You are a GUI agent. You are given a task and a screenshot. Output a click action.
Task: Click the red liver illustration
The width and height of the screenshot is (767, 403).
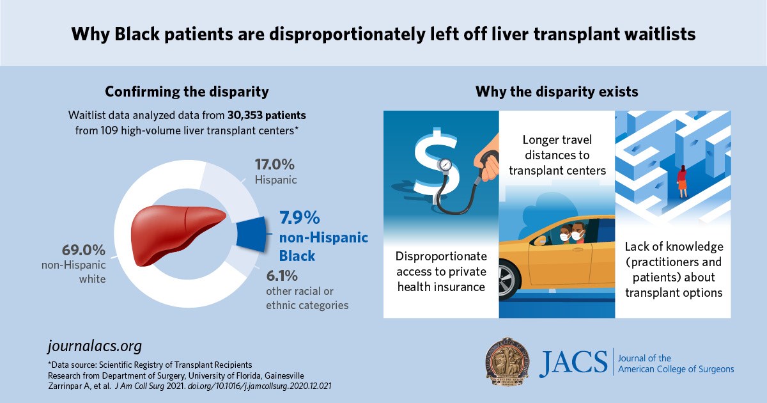point(176,234)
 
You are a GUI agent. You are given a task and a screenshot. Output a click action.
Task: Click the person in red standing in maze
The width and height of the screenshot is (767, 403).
point(682,180)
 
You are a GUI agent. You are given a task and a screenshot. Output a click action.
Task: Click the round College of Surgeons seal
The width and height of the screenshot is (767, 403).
point(506,361)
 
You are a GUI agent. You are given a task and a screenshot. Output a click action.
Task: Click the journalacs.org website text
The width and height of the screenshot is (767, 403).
point(95,346)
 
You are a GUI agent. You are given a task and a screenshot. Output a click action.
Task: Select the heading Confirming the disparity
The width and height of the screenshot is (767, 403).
point(187,91)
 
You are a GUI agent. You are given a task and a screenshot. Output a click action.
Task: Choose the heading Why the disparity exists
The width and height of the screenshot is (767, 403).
point(556,91)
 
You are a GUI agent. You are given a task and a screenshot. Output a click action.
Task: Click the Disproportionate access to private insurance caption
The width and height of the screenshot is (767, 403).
point(441,272)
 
